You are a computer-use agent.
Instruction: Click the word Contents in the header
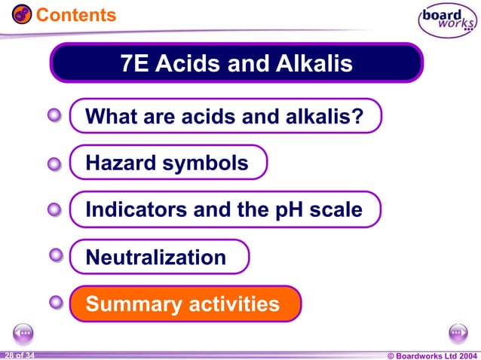click(x=76, y=14)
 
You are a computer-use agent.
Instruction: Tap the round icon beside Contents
click(x=22, y=14)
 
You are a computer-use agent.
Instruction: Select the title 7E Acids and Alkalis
click(x=237, y=64)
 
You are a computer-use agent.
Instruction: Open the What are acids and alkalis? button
click(x=225, y=117)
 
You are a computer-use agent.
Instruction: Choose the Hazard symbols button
click(x=167, y=163)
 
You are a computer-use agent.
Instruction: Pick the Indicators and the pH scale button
click(x=224, y=210)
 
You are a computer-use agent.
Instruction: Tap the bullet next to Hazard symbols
click(x=54, y=163)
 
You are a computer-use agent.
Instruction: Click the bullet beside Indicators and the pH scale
click(x=54, y=211)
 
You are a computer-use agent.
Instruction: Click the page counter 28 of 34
click(x=18, y=355)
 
